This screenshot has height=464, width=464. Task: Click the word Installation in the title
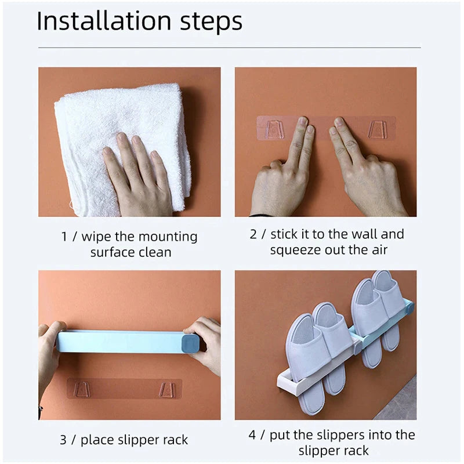coord(104,21)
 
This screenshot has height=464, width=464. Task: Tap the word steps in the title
coord(211,23)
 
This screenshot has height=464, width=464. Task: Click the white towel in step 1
coord(121,148)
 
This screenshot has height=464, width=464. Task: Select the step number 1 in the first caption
coord(64,237)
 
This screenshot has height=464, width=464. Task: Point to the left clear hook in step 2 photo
coord(275,129)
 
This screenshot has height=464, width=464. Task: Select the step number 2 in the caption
coord(253,234)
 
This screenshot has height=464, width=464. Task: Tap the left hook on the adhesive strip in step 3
coord(81,389)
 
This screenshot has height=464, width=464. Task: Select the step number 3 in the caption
coord(63,440)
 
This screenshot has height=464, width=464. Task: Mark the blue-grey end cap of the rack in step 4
coord(409,309)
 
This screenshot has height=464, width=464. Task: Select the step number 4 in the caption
coord(252,435)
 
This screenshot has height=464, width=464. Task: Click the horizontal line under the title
coord(229,48)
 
